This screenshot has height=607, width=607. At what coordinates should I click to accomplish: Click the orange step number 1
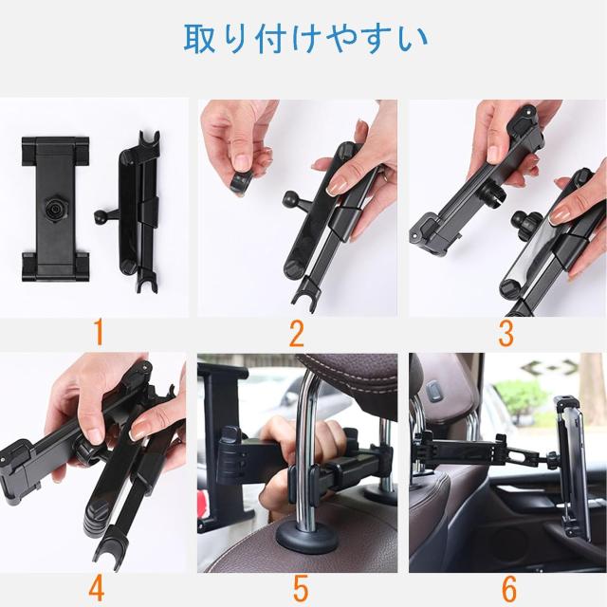tap(99, 332)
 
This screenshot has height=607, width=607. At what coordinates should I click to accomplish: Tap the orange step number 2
tap(297, 333)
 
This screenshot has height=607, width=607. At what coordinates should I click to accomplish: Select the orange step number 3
tap(506, 333)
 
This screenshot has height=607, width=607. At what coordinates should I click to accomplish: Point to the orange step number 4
tap(97, 587)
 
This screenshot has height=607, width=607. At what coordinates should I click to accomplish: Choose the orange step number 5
tap(301, 587)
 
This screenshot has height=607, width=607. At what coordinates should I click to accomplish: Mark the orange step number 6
tap(509, 587)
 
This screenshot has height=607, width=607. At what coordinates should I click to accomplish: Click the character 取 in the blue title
tap(199, 38)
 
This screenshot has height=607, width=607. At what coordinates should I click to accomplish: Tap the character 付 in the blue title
tap(270, 38)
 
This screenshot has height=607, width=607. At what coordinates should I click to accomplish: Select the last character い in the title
tap(413, 39)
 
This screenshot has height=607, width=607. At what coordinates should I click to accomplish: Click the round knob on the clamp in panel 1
tap(54, 210)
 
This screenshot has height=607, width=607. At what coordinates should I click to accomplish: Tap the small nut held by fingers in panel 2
tap(240, 184)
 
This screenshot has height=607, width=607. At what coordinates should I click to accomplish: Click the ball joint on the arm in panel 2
tap(290, 198)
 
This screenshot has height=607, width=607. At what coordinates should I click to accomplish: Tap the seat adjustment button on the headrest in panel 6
tap(434, 391)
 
